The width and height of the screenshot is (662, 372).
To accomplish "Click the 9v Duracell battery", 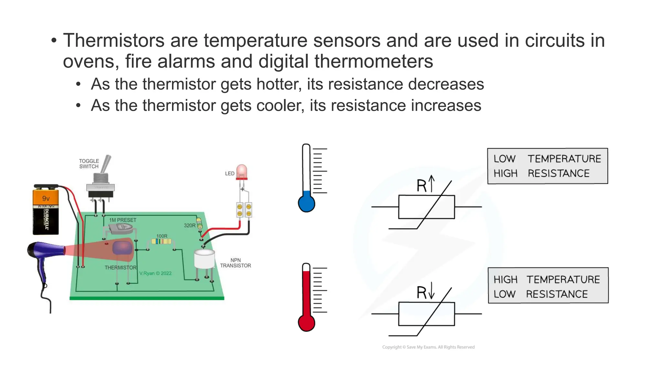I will (x=46, y=210).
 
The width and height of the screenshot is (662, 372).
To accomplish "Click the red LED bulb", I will (x=241, y=171).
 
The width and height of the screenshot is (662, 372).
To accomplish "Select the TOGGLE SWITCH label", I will (x=89, y=164).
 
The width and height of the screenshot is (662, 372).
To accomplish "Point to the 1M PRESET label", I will (x=123, y=220).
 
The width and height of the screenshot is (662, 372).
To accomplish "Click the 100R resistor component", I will (x=161, y=241).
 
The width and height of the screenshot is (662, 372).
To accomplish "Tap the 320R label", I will (x=189, y=225).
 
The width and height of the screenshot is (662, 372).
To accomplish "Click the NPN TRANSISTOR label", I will (x=235, y=263).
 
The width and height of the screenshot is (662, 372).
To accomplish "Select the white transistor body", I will (x=204, y=259).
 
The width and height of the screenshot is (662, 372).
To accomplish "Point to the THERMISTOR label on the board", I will (x=120, y=268).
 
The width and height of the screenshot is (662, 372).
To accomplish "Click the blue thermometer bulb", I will (x=306, y=203).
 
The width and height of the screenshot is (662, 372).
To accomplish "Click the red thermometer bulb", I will (x=306, y=323).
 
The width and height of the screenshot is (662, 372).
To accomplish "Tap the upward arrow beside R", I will (x=432, y=183).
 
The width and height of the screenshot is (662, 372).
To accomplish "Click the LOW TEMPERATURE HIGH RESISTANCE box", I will (x=547, y=166).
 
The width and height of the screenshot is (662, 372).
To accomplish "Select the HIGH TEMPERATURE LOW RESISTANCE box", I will (x=548, y=285).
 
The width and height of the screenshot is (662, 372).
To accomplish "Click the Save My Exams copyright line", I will (x=428, y=347).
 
